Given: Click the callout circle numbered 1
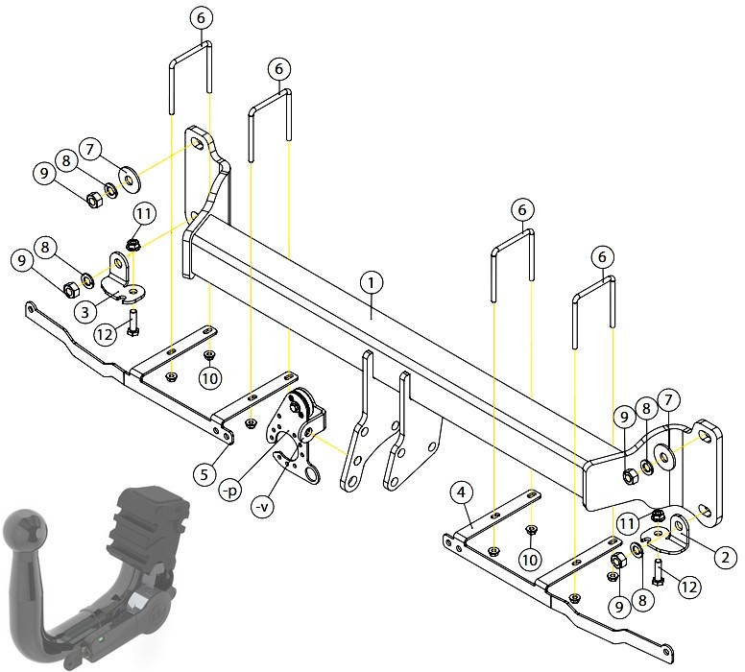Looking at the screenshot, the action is coord(372,283).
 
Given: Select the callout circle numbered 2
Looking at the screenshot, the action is coord(725,557).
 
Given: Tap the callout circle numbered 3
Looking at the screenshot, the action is coord(85,312).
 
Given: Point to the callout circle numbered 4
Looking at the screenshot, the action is coord(462,493).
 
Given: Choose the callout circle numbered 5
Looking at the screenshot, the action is coord(204,475).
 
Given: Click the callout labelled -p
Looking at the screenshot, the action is coord(230,491).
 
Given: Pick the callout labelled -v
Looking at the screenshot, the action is coord(262,507).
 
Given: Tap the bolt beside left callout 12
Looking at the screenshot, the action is coord(132,323).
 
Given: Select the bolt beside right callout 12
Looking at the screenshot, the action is coord(658,573).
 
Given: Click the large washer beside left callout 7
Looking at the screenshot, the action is coord(130,180).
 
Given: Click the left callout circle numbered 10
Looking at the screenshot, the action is coord(209,378).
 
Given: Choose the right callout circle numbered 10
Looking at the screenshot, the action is coord(530,560).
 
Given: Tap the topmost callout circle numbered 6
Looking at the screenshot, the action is coord(201,18).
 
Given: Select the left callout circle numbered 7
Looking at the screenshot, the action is coord(90,149).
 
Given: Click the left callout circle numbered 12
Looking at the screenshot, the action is coord(105,335).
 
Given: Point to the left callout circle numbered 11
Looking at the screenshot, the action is coord(144,214).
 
